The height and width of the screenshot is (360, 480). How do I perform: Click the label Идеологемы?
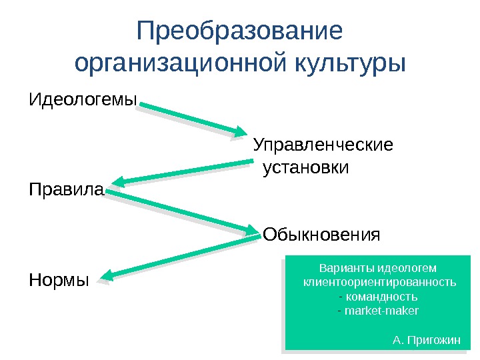tap(83, 101)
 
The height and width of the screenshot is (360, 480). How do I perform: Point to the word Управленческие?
tap(323, 144)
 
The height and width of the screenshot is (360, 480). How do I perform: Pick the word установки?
tap(306, 167)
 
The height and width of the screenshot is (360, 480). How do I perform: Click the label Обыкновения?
tap(321, 235)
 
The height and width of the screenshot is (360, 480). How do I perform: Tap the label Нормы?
tap(59, 281)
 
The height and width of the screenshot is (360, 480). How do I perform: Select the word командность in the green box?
tap(379, 296)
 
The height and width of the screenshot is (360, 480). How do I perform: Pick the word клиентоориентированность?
tap(379, 282)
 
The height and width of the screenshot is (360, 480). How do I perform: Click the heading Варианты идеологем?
tap(378, 268)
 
